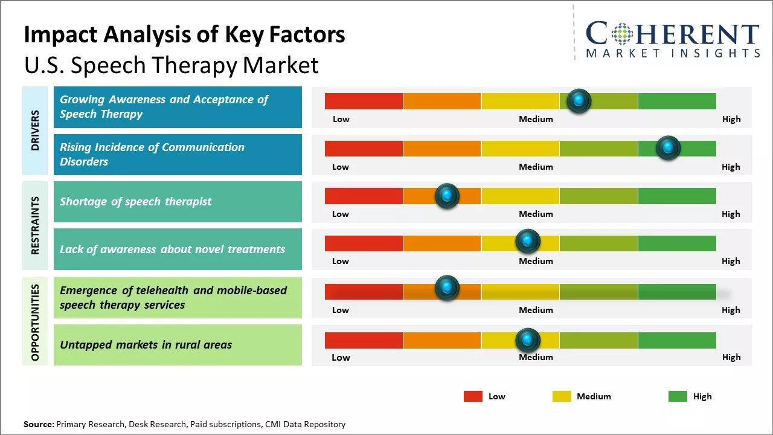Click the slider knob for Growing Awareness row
[x=579, y=101]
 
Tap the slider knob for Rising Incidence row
[x=668, y=148]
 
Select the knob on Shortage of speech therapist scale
[x=447, y=196]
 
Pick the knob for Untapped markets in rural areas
[x=528, y=340]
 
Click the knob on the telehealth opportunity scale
[x=447, y=288]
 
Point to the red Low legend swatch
[x=473, y=396]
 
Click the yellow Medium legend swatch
[x=562, y=396]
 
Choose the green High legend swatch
[x=678, y=396]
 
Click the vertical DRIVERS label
[x=35, y=130]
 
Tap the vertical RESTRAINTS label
[x=35, y=225]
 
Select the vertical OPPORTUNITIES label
[x=35, y=322]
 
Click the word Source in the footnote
[x=38, y=424]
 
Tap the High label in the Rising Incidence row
[x=731, y=167]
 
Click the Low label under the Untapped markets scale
[x=341, y=357]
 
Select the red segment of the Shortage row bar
[x=364, y=196]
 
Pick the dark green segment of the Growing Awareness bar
[x=677, y=101]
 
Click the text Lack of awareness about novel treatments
[x=172, y=249]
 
